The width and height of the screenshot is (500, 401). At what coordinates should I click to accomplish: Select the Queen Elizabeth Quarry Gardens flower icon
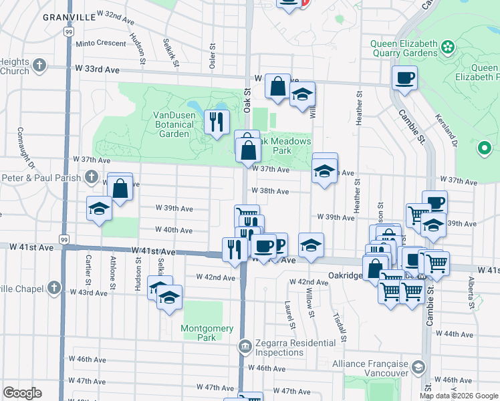447,47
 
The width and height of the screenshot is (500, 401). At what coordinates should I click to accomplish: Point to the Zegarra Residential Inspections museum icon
245,346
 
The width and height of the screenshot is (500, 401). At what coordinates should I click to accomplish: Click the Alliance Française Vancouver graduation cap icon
418,367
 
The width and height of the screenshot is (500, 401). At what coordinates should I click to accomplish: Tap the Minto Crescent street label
101,43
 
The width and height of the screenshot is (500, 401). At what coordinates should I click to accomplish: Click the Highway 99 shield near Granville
69,31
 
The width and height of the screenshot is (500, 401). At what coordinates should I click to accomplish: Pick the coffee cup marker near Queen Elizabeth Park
404,78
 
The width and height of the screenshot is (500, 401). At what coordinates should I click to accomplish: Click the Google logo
22,393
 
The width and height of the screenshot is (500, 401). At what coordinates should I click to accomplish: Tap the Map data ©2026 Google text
459,396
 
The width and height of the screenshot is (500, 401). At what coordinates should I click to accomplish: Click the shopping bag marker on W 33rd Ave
277,86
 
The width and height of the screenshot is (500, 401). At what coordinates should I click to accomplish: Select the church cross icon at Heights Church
39,65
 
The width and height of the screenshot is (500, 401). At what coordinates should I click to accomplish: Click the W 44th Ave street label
458,334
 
